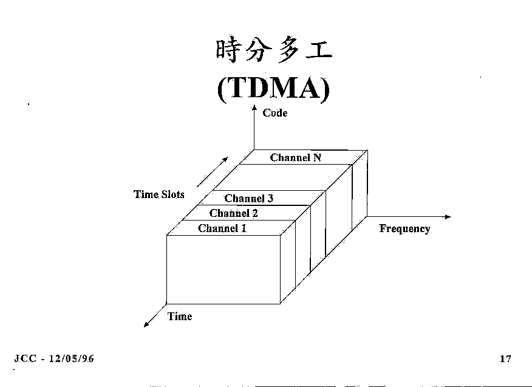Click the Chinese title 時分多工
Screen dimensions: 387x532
click(x=273, y=51)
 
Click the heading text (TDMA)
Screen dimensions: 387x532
click(x=273, y=89)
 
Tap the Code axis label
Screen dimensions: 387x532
click(x=275, y=113)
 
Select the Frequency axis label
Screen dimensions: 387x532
click(x=404, y=229)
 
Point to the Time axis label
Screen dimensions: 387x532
click(x=180, y=317)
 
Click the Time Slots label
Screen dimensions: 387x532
click(x=159, y=194)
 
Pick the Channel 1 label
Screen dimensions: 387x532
click(x=222, y=228)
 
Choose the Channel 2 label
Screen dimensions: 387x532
click(x=234, y=213)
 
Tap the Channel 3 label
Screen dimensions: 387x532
click(x=249, y=198)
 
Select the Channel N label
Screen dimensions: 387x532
click(x=296, y=158)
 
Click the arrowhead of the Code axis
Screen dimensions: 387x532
click(x=254, y=108)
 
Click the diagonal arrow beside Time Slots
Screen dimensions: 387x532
click(x=213, y=172)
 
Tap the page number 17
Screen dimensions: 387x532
click(x=505, y=358)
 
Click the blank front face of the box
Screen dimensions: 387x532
click(x=223, y=269)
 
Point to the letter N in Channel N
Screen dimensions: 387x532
click(x=317, y=158)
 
